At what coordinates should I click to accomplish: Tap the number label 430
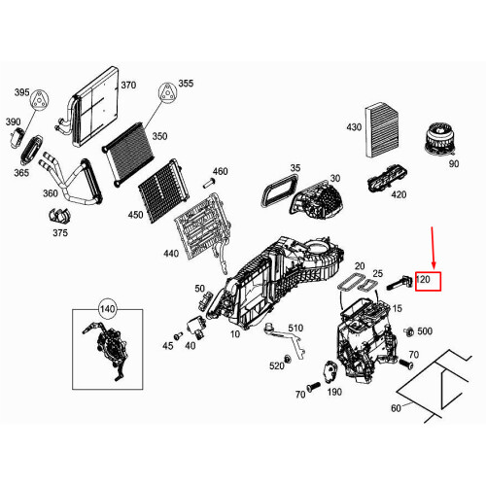coord(353,127)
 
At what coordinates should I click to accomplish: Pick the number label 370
coord(128,85)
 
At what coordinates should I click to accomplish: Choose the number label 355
coord(187,85)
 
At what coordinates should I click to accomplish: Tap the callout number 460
coord(220,171)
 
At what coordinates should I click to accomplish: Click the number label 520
coord(278,365)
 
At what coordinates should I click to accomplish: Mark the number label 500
coord(425,331)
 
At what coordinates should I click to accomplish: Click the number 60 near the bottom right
coord(395,408)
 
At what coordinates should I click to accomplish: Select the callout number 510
coord(295,328)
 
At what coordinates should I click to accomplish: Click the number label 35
coord(295,168)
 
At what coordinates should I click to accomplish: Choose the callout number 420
coord(399,193)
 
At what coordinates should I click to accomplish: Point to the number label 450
coord(135,214)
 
